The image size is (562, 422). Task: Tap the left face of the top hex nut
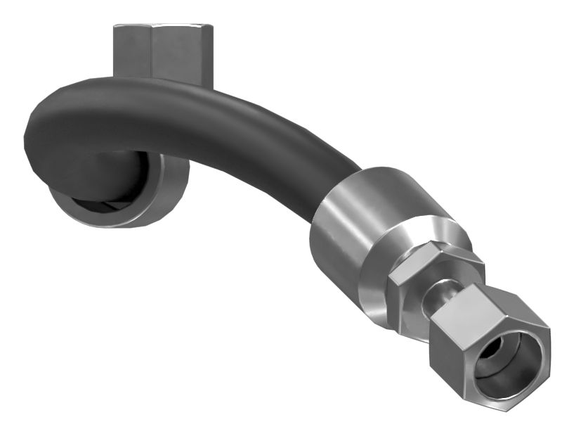click(132, 51)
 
